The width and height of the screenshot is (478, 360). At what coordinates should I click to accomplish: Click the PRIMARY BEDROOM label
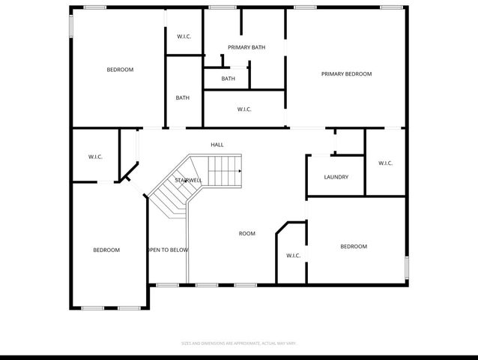tap(346, 74)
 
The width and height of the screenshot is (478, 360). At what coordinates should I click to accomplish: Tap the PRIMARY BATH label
tap(246, 48)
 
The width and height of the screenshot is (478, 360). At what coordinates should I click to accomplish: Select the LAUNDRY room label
tap(336, 177)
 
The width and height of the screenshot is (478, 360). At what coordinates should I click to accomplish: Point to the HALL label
tap(217, 145)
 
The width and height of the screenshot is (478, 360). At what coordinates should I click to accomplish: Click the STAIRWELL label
tap(189, 181)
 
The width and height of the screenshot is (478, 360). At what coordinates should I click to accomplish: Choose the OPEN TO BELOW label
tap(168, 250)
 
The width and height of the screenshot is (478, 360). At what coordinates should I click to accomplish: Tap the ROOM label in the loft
tap(246, 234)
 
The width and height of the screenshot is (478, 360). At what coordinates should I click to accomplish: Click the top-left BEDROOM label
tap(120, 70)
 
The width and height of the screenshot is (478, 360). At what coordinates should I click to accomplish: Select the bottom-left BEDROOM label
tap(106, 250)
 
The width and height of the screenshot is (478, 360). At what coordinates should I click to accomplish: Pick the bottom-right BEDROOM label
tap(354, 247)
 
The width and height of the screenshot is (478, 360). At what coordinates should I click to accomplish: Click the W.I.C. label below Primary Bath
tap(244, 109)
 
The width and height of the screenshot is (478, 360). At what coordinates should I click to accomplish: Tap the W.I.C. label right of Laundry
tap(385, 163)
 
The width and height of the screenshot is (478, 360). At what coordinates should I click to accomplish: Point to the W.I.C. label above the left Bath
tap(184, 37)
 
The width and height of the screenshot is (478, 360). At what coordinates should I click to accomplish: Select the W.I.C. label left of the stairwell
tap(95, 157)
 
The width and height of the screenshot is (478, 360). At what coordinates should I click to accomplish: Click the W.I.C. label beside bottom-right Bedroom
tap(293, 256)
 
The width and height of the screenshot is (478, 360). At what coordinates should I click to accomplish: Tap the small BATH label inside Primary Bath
tap(228, 79)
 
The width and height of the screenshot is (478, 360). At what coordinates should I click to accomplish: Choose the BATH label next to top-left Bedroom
tap(183, 97)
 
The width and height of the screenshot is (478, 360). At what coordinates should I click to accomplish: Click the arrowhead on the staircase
tap(239, 172)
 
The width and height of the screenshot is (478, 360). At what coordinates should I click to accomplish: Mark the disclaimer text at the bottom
tap(239, 343)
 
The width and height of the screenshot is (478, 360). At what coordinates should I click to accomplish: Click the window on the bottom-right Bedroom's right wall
tap(407, 268)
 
